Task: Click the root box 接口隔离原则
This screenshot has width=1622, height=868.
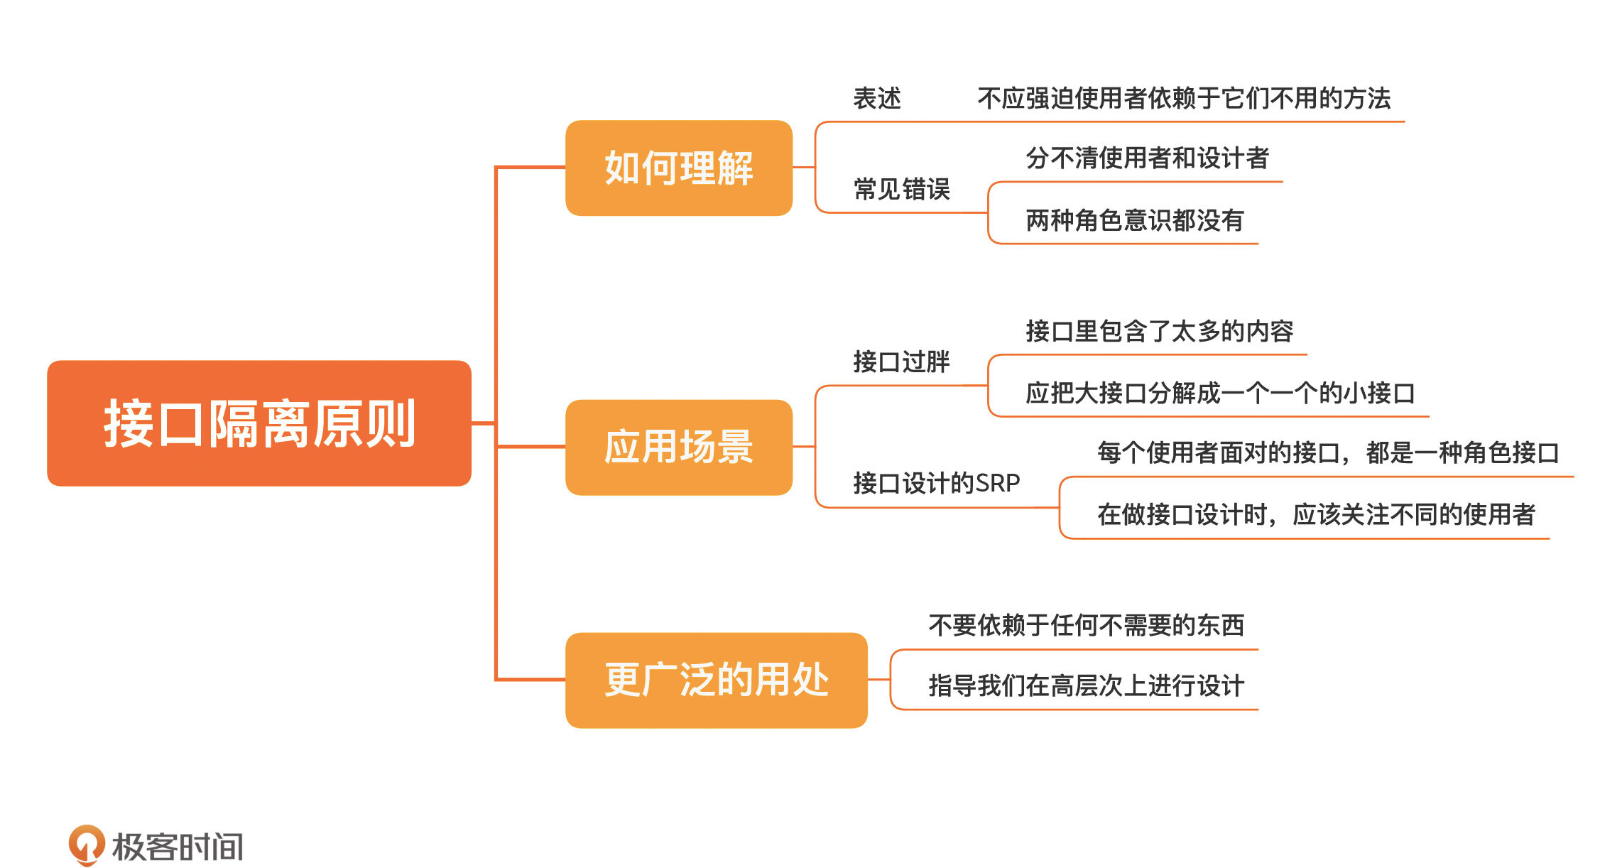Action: point(259,423)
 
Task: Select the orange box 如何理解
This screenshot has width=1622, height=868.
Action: point(678,168)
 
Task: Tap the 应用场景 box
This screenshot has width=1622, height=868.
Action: point(678,447)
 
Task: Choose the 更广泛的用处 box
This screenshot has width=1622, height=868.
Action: point(716,680)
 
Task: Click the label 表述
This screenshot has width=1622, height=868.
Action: point(877,99)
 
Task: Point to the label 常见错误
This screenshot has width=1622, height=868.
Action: point(901,189)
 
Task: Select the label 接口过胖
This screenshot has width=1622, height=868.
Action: point(901,362)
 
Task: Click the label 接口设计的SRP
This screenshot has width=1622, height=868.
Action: point(936,483)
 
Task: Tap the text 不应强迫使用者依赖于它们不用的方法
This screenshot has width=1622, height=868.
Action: point(1184,99)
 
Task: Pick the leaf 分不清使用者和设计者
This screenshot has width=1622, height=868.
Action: point(1147,158)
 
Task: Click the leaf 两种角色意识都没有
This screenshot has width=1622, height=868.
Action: point(1134,220)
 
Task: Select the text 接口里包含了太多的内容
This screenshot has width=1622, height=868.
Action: point(1159,331)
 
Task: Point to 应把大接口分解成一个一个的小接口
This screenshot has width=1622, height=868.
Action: point(1220,393)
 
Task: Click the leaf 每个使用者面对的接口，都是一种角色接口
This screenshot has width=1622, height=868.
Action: point(1328,452)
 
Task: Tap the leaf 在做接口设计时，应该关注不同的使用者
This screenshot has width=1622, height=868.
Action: point(1316,514)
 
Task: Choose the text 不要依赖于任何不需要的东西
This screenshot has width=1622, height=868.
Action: point(1086,625)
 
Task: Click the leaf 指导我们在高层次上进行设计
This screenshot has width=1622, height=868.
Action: point(1086,685)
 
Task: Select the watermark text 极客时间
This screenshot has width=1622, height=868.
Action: point(178,847)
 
